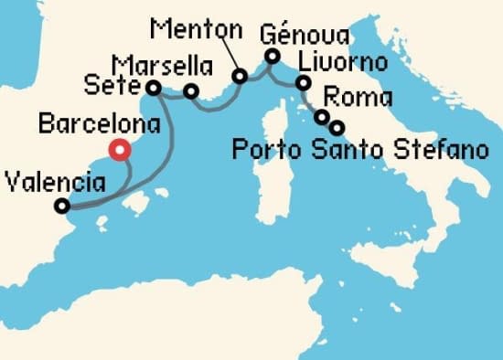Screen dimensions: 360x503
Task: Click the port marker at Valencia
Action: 61,206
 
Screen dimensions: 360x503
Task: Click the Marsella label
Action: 163,66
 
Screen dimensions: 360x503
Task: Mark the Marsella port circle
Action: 191,90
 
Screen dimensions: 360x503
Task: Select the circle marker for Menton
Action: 241,77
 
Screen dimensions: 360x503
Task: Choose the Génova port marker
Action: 272,57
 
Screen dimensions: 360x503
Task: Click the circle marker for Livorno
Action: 303,85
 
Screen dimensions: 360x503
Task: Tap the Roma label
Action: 359,97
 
